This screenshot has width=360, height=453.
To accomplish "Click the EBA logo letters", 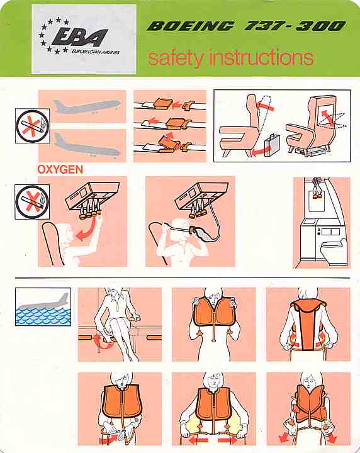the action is point(79,36).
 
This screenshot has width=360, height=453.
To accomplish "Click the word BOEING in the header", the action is point(190,26).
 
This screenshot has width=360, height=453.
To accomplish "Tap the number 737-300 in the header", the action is point(295,26).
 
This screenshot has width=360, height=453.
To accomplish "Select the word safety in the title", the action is point(176,58).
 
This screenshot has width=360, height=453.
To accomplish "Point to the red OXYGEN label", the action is point(60,169).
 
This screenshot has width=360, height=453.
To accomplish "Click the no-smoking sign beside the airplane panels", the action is point(33,126).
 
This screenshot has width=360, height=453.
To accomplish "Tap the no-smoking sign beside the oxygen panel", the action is point(32,202).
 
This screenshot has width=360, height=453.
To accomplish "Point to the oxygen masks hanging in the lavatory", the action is point(317,188).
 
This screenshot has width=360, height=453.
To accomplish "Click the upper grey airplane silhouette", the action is point(86,106).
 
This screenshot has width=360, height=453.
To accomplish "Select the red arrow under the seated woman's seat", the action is point(103,342).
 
